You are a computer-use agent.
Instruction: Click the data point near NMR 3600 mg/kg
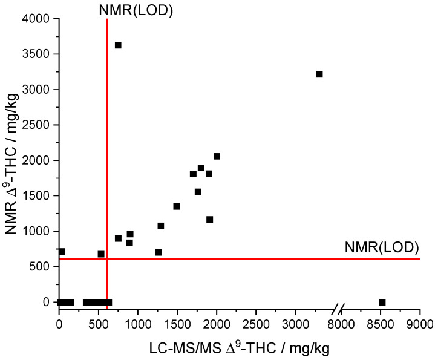coord(118,45)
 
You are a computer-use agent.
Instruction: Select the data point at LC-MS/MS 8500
coord(382,302)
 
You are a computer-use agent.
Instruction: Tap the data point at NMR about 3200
coord(319,74)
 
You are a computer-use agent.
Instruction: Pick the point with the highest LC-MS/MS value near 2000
coord(217,156)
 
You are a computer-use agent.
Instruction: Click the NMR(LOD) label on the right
coord(382,247)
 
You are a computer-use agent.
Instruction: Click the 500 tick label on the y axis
coord(43,266)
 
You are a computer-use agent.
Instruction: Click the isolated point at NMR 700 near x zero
coord(62,251)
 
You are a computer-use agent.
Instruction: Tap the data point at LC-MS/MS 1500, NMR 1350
coord(177,206)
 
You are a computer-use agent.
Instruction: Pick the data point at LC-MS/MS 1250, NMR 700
coord(159,252)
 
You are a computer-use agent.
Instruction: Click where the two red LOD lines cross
coord(107,259)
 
